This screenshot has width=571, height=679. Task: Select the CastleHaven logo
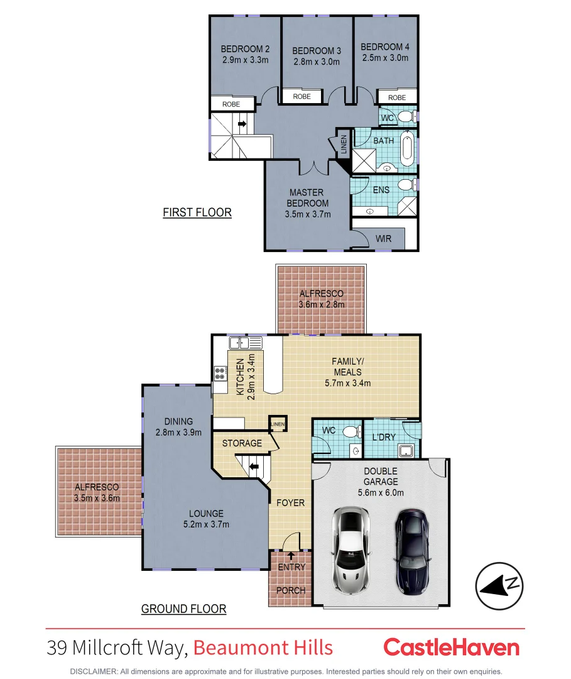(x=451, y=647)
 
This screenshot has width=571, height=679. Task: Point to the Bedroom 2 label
(x=245, y=50)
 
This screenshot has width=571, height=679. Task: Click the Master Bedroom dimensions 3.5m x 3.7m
(x=307, y=214)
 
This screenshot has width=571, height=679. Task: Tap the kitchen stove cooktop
(x=220, y=373)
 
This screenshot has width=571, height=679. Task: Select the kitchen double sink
(x=246, y=343)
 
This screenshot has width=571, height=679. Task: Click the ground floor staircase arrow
(x=253, y=467)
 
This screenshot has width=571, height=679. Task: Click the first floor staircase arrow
(x=241, y=124)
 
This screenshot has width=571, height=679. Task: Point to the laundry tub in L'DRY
(x=406, y=450)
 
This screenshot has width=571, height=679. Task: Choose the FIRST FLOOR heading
(x=197, y=213)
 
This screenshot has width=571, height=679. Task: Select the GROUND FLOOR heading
(x=183, y=609)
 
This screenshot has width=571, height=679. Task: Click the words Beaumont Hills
(x=263, y=648)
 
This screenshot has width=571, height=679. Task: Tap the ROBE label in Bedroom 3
(x=302, y=97)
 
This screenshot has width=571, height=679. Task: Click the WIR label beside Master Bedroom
(x=383, y=239)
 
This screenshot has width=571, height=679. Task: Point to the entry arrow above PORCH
(x=291, y=555)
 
